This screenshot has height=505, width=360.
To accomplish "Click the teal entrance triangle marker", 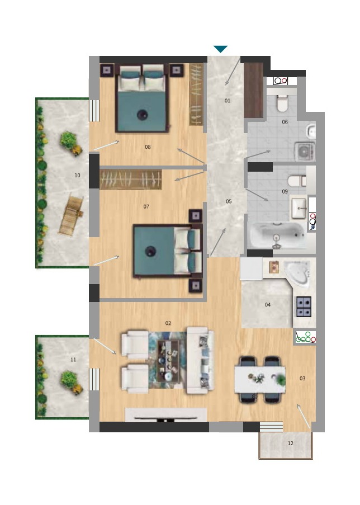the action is point(221,49).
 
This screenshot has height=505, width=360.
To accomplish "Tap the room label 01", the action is point(228,101).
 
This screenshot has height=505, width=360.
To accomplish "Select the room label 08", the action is point(148,147).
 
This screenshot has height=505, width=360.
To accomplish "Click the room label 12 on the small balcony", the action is point(291,443).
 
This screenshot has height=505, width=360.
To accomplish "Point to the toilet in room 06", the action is point(283,103).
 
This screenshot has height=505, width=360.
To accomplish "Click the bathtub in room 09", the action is point(278,235).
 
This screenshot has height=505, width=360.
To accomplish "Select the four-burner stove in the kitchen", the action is point(304,306).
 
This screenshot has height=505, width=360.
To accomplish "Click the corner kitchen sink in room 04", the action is point(298,273).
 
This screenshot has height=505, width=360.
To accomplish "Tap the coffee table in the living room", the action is point(168,361).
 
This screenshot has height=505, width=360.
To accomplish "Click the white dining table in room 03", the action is point(260,379).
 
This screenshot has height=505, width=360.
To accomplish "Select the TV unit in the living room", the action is point(165,415).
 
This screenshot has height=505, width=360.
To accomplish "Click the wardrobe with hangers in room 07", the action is point(131,180).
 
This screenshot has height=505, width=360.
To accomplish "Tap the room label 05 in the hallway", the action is point(229,201).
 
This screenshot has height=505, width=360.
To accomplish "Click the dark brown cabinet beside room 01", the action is point(254,90).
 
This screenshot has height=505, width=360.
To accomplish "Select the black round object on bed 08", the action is point(142,114).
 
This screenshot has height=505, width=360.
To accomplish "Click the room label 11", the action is point(73,360).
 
